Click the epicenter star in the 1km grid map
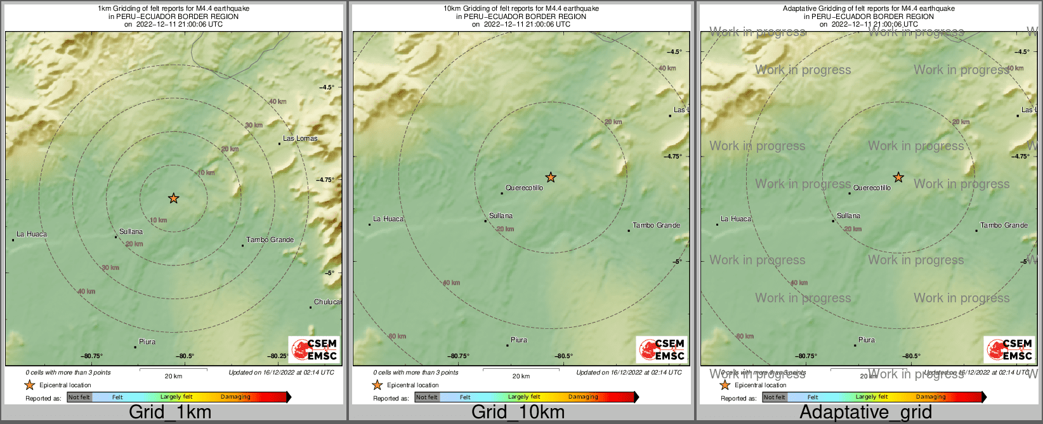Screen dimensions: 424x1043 pyautogui.click(x=174, y=198)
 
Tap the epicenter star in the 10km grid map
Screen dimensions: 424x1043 pyautogui.click(x=551, y=177)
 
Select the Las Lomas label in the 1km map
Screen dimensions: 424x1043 pyautogui.click(x=300, y=138)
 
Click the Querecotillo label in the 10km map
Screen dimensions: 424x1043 pyautogui.click(x=525, y=188)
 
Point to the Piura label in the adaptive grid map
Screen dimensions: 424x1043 pyautogui.click(x=867, y=340)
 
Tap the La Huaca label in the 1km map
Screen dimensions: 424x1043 pyautogui.click(x=32, y=234)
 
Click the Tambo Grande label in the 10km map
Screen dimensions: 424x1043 pyautogui.click(x=656, y=225)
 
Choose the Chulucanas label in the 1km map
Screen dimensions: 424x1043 pyautogui.click(x=327, y=302)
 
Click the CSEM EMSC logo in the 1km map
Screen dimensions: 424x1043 pyautogui.click(x=314, y=349)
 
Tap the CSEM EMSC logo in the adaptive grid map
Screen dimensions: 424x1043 pyautogui.click(x=1009, y=349)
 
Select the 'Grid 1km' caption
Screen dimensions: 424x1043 pyautogui.click(x=170, y=412)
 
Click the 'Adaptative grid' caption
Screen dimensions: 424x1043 pyautogui.click(x=865, y=412)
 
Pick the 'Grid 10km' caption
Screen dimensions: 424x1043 pyautogui.click(x=518, y=412)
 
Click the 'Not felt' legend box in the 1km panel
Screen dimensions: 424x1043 pyautogui.click(x=79, y=397)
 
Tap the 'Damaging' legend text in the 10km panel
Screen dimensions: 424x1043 pyautogui.click(x=583, y=397)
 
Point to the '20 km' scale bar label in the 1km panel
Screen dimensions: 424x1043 pyautogui.click(x=173, y=376)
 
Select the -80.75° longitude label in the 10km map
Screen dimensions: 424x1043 pyautogui.click(x=459, y=356)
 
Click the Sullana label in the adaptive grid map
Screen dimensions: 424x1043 pyautogui.click(x=848, y=215)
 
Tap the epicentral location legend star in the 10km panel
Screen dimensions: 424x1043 pyautogui.click(x=377, y=385)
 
